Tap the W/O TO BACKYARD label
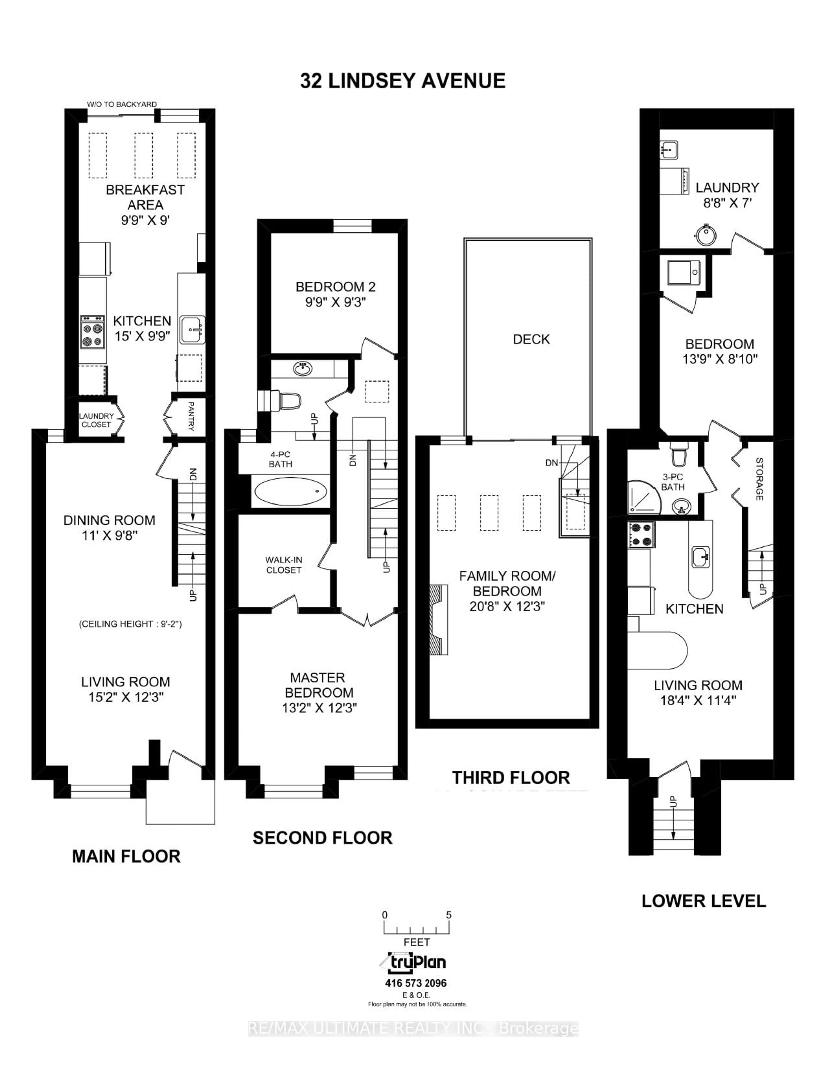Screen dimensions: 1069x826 tap(122, 104)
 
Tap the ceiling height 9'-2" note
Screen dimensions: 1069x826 tap(130, 624)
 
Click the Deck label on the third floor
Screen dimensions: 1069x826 tap(531, 339)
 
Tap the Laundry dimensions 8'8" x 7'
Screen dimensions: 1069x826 tap(727, 203)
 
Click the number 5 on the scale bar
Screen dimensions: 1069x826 tap(449, 915)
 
